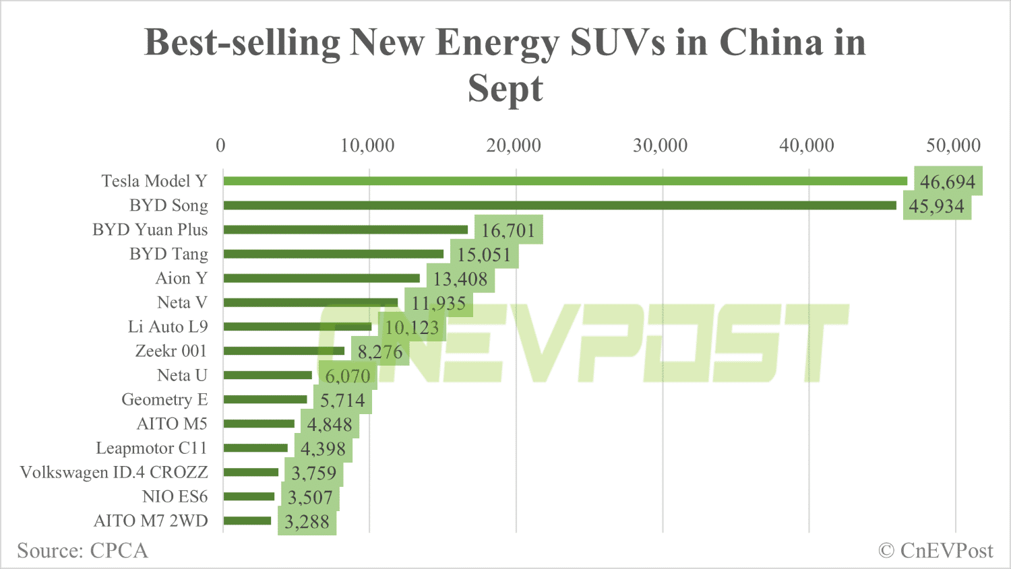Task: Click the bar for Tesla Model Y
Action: tap(565, 181)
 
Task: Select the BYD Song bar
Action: tap(559, 205)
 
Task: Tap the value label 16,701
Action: tap(508, 230)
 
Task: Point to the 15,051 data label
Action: tap(484, 255)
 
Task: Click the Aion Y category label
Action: tap(181, 278)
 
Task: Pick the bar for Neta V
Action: tap(311, 302)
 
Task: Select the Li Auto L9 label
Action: tap(168, 327)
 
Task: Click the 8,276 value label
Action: tap(380, 352)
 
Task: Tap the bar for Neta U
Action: tap(268, 375)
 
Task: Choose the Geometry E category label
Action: tap(164, 399)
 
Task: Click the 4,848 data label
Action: tap(330, 424)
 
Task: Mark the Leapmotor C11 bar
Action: tap(255, 448)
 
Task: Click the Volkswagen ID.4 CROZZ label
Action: tap(114, 472)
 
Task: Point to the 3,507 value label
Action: tap(310, 497)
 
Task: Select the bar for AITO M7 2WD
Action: tap(247, 521)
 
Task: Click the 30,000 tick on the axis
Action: tap(660, 145)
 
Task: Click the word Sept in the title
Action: tap(505, 88)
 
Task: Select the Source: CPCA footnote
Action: tap(82, 551)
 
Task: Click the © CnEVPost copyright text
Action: tap(936, 551)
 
